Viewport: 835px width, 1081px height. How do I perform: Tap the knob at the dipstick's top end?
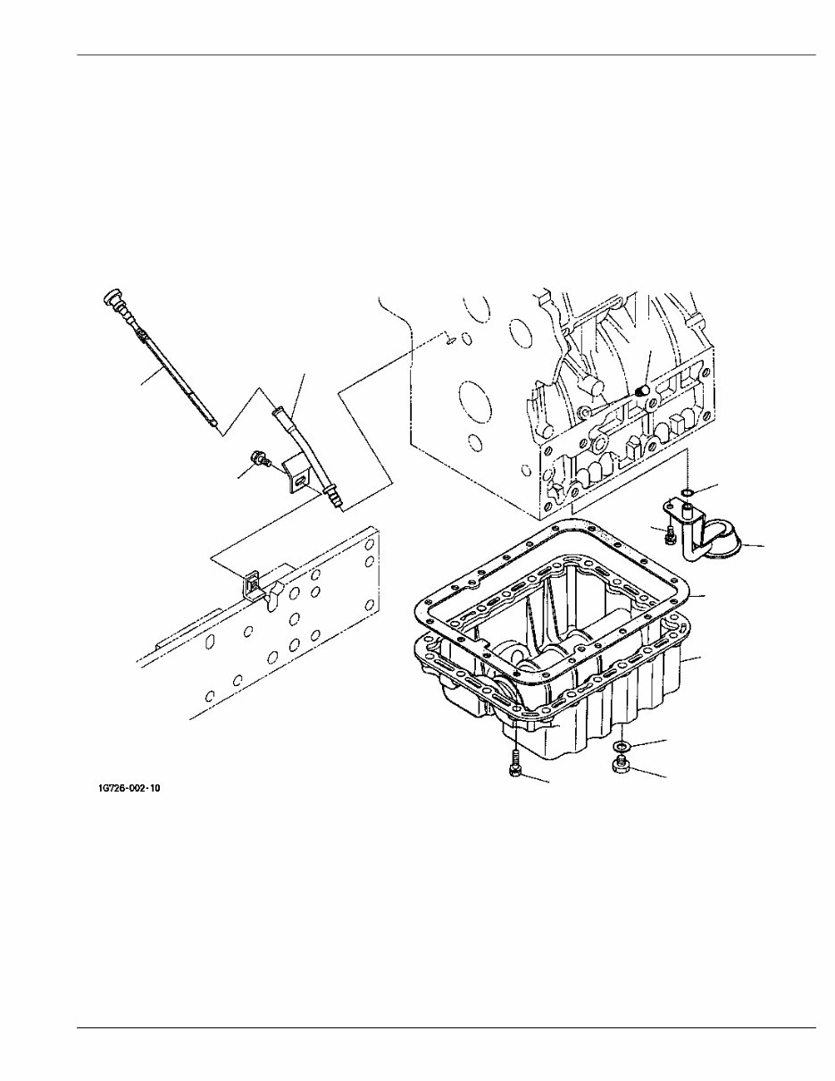coord(112,297)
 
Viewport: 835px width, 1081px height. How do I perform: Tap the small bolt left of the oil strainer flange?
coord(667,534)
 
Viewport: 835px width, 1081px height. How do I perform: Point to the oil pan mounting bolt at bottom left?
coord(516,769)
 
